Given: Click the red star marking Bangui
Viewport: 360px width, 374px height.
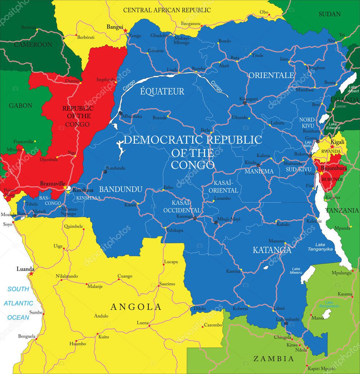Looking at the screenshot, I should [x=125, y=30].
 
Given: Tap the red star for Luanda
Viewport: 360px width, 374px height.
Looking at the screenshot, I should [x=31, y=273].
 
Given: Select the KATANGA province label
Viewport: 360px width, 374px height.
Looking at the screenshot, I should [x=272, y=250].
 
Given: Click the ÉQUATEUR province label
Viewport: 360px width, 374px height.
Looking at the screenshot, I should [x=163, y=91].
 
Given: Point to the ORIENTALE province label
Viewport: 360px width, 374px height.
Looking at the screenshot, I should [x=271, y=75].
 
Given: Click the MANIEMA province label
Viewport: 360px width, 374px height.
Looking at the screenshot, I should [x=259, y=171].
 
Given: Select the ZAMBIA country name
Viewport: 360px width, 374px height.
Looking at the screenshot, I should [x=274, y=359].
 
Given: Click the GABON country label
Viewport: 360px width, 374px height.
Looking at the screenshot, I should [x=21, y=106].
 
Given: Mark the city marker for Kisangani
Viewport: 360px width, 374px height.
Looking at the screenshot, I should [x=245, y=103].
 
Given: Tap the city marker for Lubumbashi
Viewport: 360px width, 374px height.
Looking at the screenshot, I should [x=286, y=323].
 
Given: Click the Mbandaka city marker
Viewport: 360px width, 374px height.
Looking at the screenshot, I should [x=121, y=113].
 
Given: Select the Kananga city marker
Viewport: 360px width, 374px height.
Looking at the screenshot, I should [x=195, y=218].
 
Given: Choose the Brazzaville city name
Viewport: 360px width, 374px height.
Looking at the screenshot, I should [x=53, y=183].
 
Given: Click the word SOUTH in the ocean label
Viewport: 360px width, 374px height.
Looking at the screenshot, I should [x=18, y=289].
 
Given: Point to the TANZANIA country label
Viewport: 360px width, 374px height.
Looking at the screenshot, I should [x=342, y=210].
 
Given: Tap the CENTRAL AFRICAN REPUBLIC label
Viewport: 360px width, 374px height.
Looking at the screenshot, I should [x=167, y=10].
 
